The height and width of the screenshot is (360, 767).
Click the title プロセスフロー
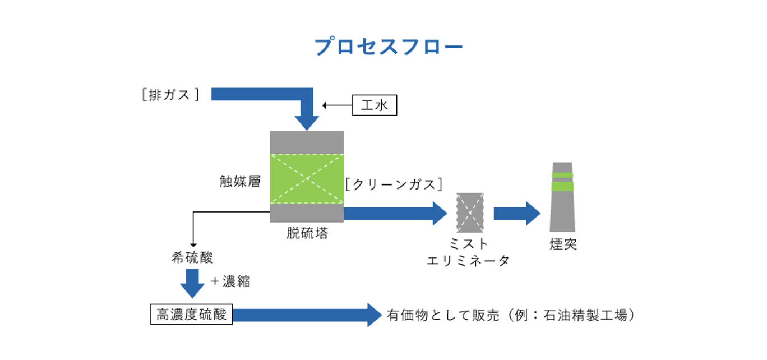click(389, 47)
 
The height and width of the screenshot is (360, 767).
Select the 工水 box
click(375, 105)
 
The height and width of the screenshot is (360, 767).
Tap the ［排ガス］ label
click(170, 95)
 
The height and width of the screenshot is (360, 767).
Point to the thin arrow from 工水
click(337, 105)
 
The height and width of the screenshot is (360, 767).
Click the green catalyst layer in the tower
click(307, 179)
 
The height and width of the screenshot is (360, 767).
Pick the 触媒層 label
click(240, 182)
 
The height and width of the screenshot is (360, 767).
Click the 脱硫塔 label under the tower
click(307, 233)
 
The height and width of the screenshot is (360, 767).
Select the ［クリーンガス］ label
click(394, 184)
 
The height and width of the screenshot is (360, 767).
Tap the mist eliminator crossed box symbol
click(470, 213)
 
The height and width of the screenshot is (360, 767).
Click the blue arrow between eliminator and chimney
click(516, 213)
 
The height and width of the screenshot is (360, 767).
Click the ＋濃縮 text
click(230, 281)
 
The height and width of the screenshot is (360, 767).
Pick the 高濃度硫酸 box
click(191, 315)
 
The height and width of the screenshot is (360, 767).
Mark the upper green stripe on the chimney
click(562, 175)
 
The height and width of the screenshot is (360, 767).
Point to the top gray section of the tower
click(307, 142)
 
